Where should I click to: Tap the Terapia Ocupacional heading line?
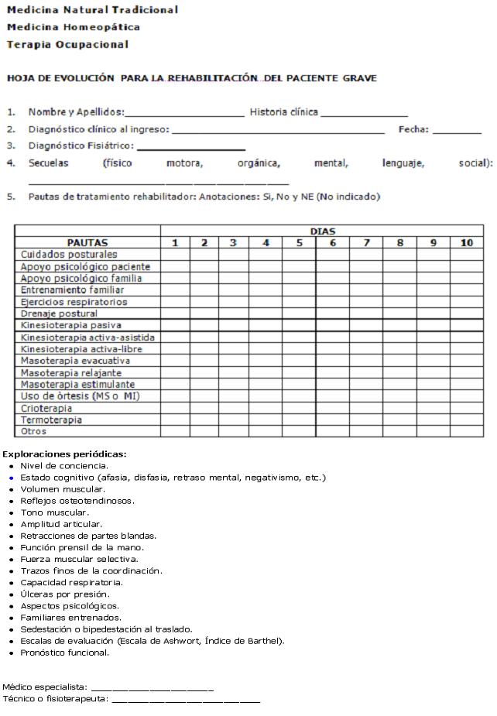(x=67, y=44)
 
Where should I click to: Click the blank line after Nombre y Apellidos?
(x=184, y=114)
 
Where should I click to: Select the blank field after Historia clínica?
(x=364, y=114)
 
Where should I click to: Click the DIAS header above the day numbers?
(x=322, y=231)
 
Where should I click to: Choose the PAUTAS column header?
(x=87, y=242)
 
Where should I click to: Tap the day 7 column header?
(x=366, y=242)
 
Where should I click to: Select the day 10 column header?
(x=467, y=242)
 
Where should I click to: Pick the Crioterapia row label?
(x=46, y=408)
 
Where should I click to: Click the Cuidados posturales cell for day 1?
(x=176, y=254)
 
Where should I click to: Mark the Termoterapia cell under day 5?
(x=299, y=420)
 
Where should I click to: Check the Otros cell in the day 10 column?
(x=467, y=431)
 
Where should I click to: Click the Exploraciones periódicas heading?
(x=64, y=454)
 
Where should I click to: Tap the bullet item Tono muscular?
(x=54, y=512)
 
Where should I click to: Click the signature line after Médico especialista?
(x=152, y=687)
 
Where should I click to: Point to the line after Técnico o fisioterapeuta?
(x=186, y=700)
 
